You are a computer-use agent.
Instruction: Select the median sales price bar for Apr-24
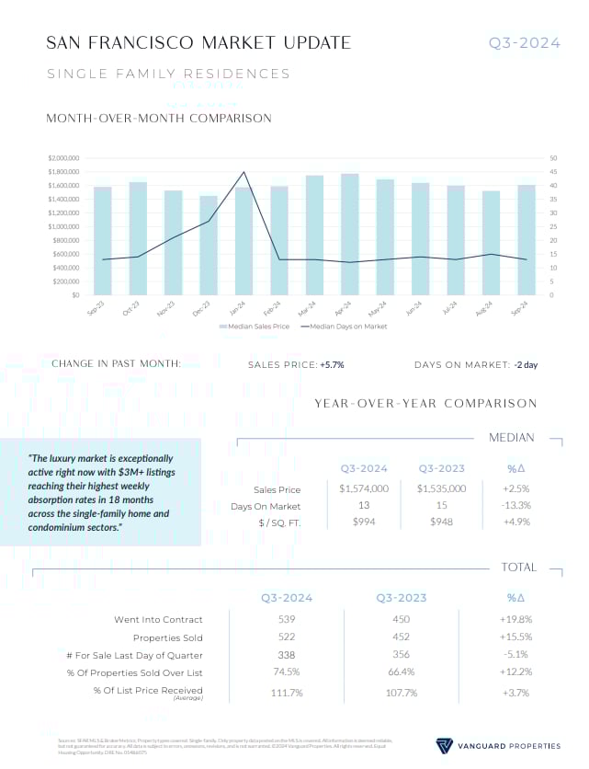(x=349, y=235)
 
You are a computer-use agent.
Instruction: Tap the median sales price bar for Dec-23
(x=209, y=246)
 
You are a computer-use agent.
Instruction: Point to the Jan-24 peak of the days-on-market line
(x=244, y=172)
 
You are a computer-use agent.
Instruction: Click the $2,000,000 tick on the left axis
(x=63, y=158)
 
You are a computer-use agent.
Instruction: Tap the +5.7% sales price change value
(x=332, y=365)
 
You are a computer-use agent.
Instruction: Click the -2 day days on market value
(x=526, y=365)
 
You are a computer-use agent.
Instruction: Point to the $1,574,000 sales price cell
(x=364, y=489)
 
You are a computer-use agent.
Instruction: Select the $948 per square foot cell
(x=441, y=522)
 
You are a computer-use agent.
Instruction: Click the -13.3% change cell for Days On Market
(x=515, y=506)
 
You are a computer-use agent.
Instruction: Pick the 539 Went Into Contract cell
(x=287, y=619)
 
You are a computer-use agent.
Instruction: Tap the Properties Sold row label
(x=168, y=637)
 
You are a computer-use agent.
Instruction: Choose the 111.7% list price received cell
(x=287, y=692)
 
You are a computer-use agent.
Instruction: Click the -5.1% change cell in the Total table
(x=515, y=655)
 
